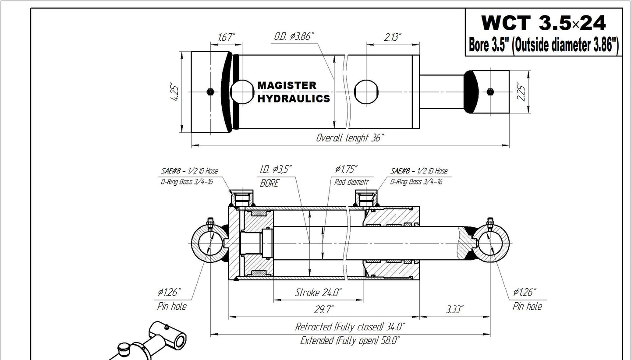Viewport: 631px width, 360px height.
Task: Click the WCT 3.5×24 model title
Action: tap(543, 23)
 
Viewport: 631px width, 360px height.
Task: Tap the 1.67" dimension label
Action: tap(226, 38)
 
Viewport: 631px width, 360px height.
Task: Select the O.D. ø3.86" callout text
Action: tap(294, 37)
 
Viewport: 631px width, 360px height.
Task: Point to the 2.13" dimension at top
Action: tap(393, 37)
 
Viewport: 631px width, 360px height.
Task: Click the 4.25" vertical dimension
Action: tap(175, 92)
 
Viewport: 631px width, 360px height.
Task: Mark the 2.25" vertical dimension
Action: tap(521, 92)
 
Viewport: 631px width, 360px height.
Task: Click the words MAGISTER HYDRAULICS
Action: tap(293, 92)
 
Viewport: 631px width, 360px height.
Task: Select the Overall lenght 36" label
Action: tap(350, 138)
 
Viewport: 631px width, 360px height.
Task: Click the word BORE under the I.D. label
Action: tap(269, 184)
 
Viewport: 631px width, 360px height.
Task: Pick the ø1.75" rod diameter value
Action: tap(346, 169)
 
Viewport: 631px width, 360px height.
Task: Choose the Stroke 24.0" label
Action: tap(318, 292)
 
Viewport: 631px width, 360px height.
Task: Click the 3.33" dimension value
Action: tap(454, 310)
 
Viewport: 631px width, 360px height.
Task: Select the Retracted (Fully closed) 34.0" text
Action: tap(350, 326)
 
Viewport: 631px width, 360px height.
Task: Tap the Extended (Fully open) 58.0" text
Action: tap(350, 341)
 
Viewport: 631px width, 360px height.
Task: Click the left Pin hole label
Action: tap(171, 306)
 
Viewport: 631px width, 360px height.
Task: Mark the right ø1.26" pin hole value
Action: tap(525, 292)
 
